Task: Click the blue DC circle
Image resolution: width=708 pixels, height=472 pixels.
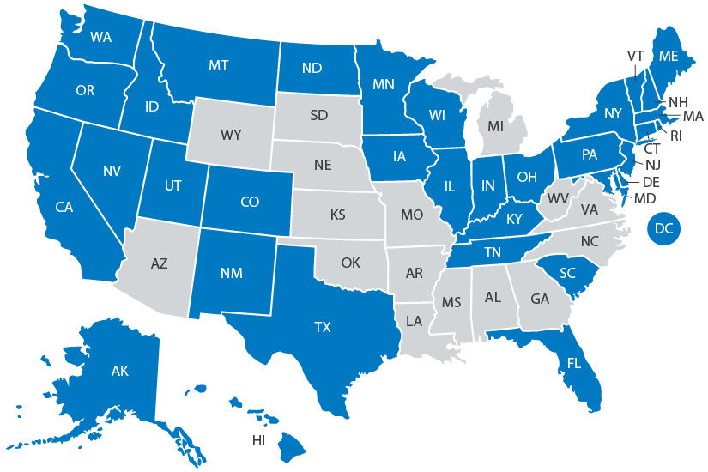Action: click(663, 228)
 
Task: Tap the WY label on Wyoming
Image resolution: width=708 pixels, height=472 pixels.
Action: click(230, 135)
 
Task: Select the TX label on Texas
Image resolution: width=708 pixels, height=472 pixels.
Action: click(322, 327)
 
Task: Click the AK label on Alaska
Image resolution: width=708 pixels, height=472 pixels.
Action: click(119, 372)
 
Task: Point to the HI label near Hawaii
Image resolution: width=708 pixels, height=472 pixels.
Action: click(258, 440)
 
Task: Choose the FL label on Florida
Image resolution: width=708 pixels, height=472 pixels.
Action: click(572, 362)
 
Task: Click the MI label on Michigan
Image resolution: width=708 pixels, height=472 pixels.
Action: click(495, 126)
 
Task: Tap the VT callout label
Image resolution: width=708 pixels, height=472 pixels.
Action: click(635, 56)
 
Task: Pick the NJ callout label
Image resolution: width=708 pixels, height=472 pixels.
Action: click(652, 165)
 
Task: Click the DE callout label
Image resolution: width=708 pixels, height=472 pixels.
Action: click(651, 183)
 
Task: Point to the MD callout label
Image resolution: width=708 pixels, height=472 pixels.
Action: click(645, 199)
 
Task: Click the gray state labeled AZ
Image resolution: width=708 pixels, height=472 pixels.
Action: click(159, 263)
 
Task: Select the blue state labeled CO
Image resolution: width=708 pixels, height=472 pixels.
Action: click(249, 203)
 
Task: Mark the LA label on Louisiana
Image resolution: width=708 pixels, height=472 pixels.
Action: click(413, 321)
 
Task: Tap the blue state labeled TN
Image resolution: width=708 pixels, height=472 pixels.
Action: click(493, 252)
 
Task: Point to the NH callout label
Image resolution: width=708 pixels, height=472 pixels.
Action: click(677, 100)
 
